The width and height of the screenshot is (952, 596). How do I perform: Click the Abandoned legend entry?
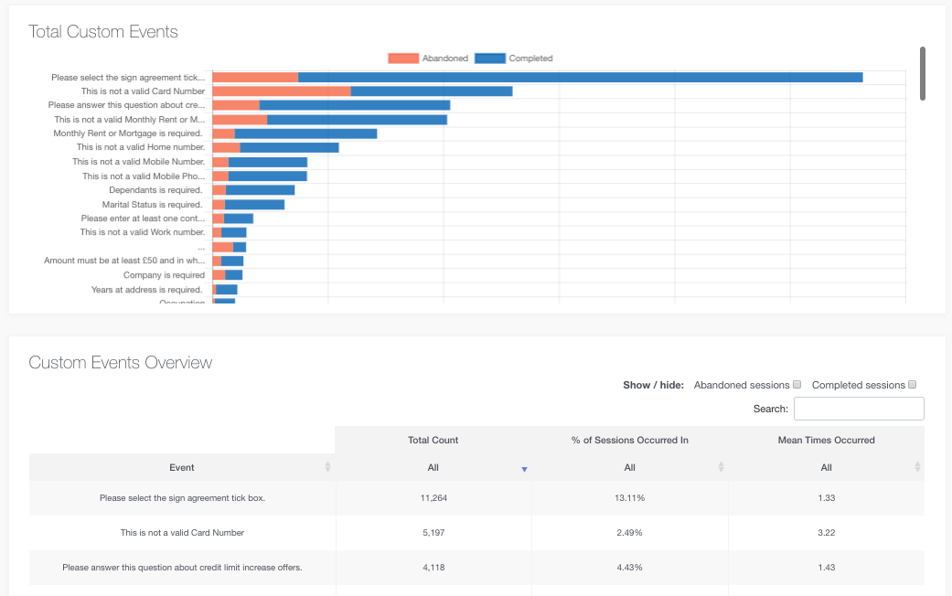pos(428,59)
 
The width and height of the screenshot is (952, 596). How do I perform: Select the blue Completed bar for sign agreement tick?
pos(580,78)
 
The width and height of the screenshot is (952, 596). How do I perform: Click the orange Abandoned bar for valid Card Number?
pos(281,91)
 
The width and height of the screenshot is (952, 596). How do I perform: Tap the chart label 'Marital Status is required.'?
pos(152,205)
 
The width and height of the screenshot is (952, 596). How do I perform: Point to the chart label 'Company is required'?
pos(164,275)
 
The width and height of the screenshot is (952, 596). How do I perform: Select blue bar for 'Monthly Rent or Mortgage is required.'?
pos(305,133)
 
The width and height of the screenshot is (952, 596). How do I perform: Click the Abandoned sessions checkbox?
pos(797,385)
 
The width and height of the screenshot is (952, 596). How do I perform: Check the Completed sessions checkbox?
pos(912,385)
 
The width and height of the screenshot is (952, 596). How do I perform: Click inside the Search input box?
pos(859,409)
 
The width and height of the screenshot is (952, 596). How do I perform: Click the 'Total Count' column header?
pos(433,440)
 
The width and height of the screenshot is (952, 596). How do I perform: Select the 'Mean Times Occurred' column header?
pos(826,440)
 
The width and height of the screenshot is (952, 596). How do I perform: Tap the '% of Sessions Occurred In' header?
pos(629,440)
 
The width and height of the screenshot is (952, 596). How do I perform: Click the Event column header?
pos(182,467)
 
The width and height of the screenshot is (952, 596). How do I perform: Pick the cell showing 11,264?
pos(433,498)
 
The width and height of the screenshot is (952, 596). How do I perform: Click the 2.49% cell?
pos(629,532)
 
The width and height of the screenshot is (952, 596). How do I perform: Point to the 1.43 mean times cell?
pos(826,567)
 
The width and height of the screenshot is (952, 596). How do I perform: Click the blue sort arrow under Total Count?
pos(524,469)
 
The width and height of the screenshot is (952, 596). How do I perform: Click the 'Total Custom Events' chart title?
pos(103,32)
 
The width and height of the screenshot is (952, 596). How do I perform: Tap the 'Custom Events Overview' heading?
pos(121,363)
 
